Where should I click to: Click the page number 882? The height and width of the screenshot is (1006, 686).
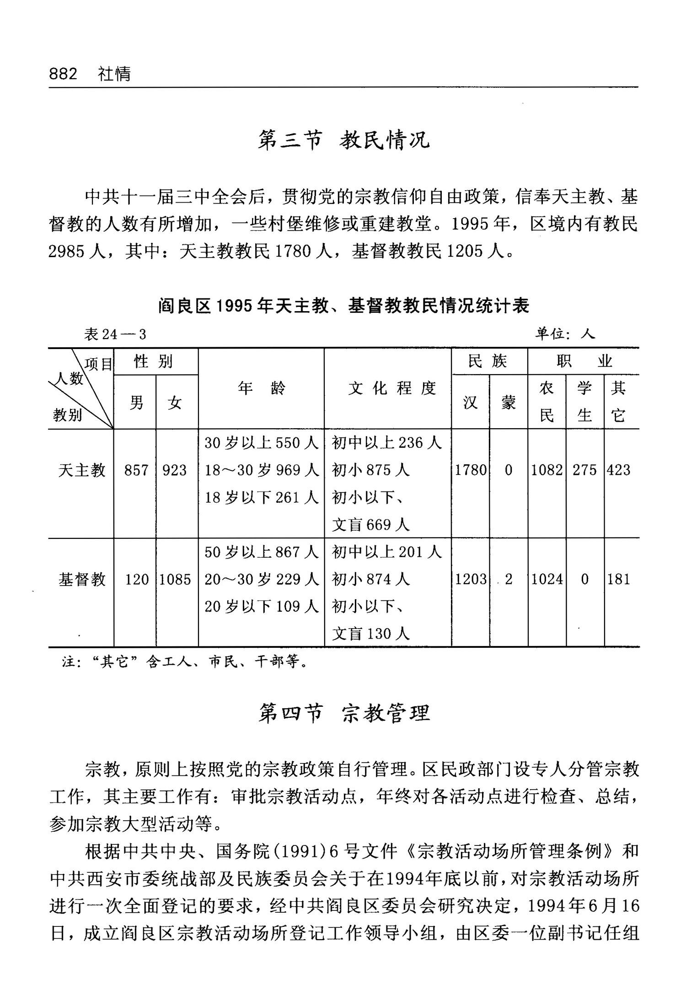click(63, 74)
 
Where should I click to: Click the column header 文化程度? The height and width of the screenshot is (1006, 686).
click(392, 388)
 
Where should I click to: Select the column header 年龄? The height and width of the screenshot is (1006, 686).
click(261, 388)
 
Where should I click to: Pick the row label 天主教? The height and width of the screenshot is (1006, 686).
click(82, 470)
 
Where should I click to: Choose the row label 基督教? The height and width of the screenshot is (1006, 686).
click(82, 579)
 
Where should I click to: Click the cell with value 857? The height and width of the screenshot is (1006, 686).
click(136, 470)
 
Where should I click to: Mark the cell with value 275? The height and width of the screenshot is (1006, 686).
click(584, 470)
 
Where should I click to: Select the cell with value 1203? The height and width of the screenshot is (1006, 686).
click(471, 579)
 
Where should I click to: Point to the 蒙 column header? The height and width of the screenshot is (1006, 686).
click(508, 403)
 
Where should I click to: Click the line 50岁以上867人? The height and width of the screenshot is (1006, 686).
click(261, 552)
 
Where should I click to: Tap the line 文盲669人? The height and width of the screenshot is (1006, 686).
click(370, 525)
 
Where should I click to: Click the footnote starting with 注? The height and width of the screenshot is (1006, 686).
click(185, 661)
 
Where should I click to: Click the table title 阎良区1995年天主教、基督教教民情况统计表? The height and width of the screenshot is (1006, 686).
click(343, 306)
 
